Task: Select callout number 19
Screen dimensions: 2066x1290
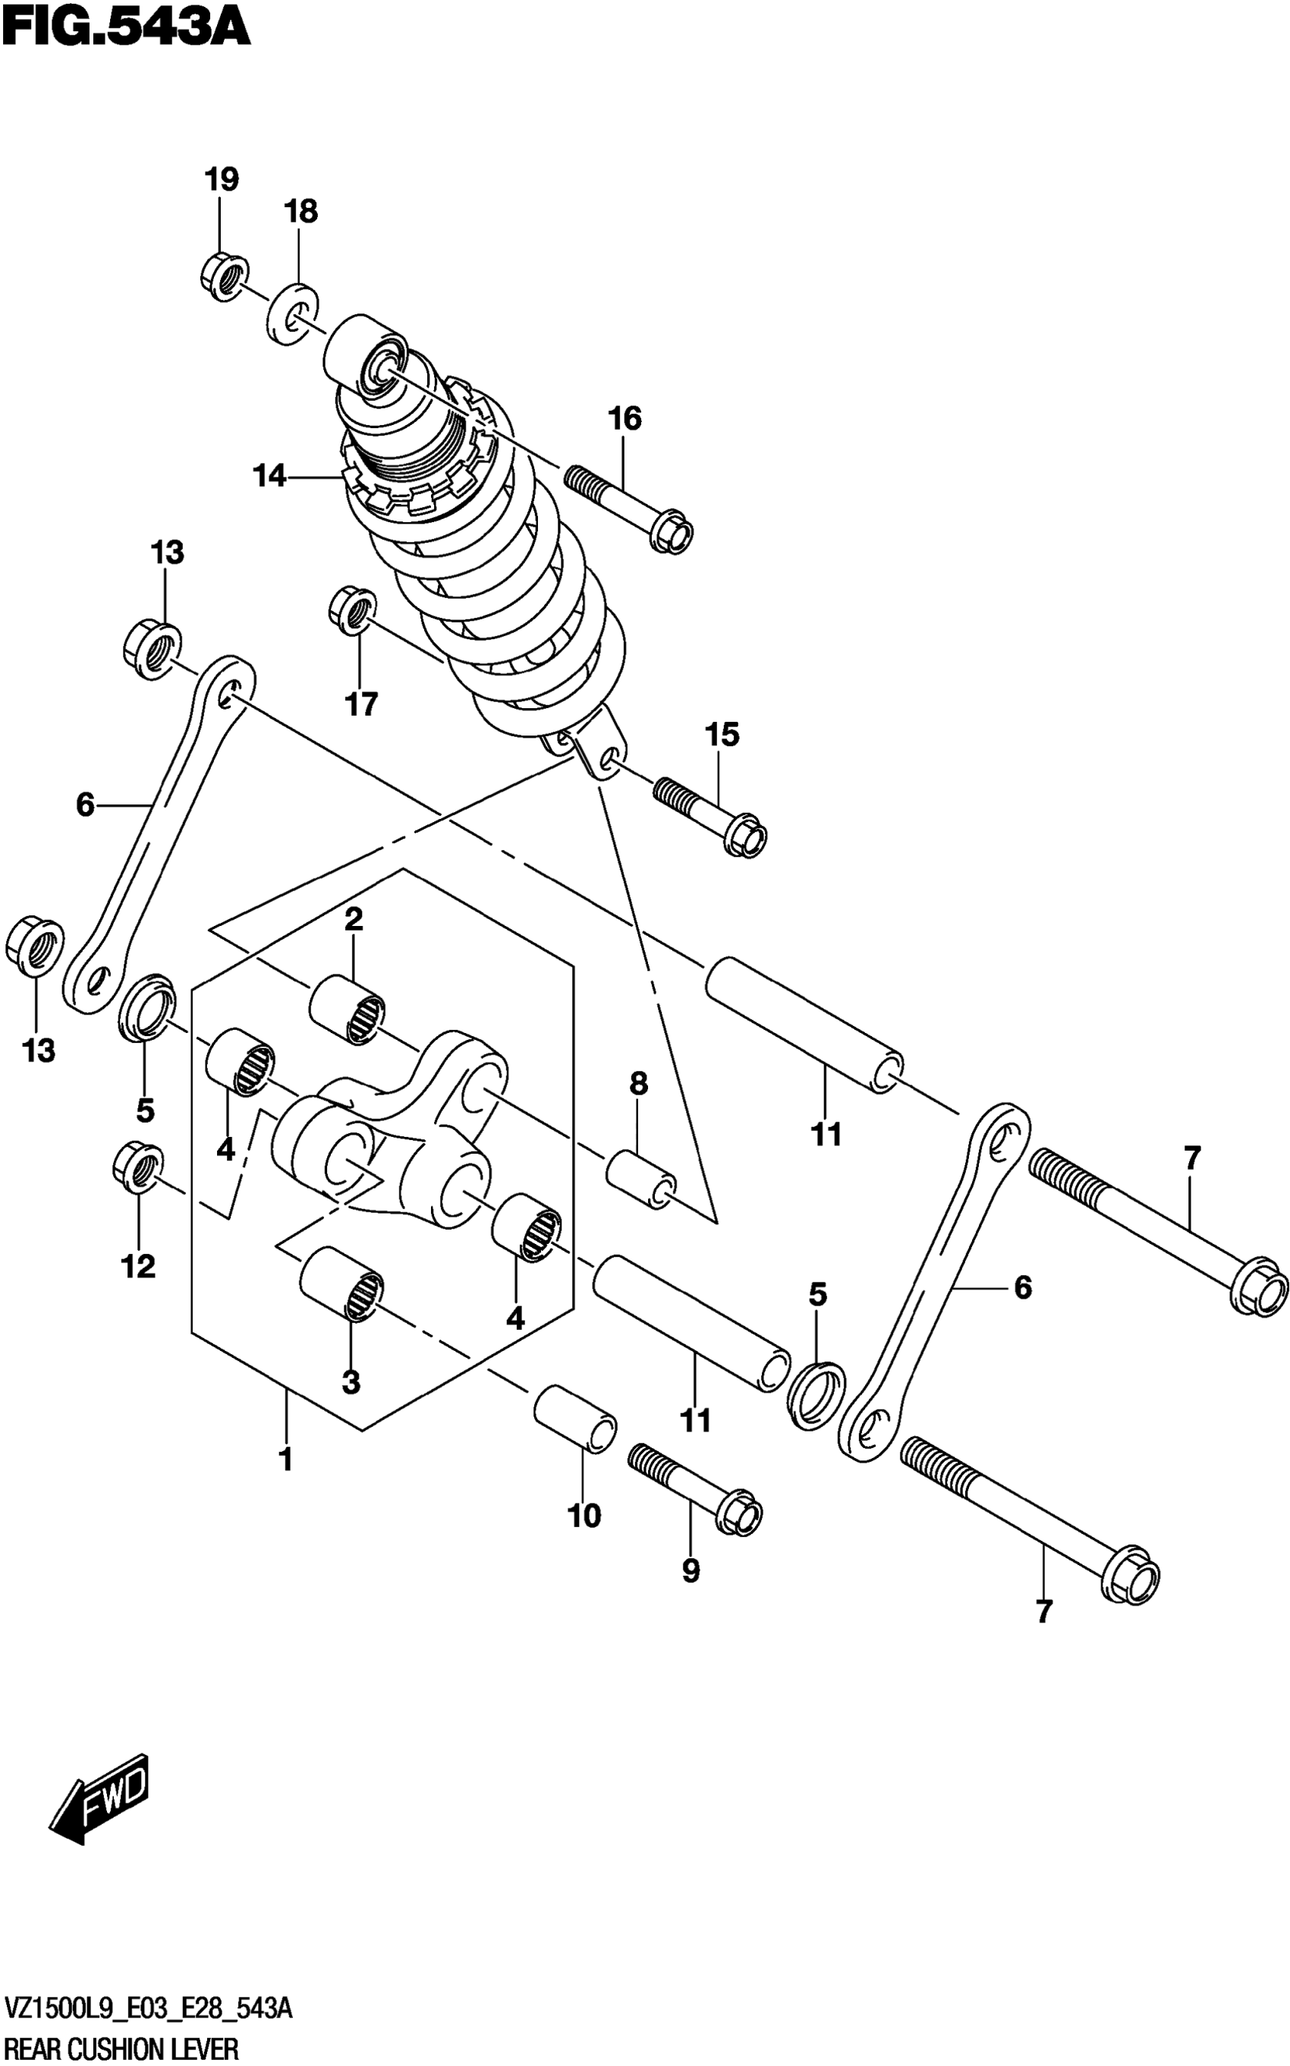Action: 221,180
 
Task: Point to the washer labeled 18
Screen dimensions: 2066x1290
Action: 293,313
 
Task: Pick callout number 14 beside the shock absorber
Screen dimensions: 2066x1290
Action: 269,476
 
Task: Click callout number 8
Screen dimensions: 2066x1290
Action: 638,1084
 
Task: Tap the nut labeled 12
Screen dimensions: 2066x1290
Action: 138,1163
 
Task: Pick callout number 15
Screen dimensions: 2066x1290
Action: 722,735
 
